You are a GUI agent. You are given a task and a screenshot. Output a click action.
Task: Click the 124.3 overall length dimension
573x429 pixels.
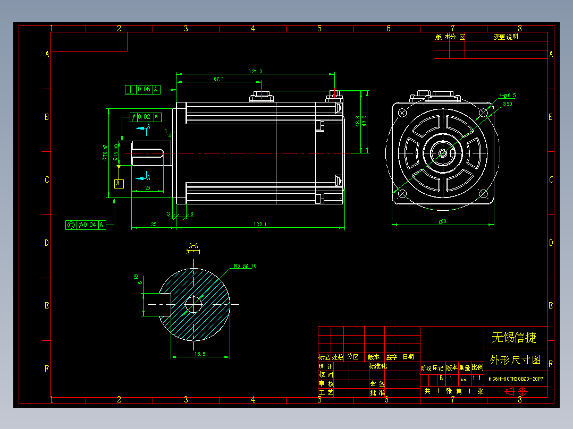(256, 71)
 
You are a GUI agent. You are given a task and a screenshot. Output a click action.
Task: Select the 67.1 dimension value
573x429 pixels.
(219, 79)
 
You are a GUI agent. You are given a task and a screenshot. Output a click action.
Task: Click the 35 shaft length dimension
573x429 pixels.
(153, 225)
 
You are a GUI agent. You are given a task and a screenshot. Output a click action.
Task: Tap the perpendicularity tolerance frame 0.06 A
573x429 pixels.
(142, 90)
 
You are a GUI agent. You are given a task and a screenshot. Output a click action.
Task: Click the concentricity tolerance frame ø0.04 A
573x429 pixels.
(86, 225)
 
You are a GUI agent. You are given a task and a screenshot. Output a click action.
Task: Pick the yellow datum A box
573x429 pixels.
(119, 184)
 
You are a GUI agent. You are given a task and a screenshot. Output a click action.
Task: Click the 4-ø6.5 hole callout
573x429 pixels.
(507, 96)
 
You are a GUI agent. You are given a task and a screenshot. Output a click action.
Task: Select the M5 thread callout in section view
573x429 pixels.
(245, 266)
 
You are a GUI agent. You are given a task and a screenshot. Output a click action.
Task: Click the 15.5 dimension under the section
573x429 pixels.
(200, 354)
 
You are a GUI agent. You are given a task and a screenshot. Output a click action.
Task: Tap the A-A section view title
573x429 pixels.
(193, 246)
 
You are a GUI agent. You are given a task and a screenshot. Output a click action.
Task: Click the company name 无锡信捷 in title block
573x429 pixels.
(514, 337)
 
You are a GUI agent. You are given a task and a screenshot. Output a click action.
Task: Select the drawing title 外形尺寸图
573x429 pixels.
(515, 361)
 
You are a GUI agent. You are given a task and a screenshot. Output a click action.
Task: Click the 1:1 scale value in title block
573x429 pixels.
(477, 379)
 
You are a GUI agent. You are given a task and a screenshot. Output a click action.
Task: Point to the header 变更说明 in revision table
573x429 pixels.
(505, 37)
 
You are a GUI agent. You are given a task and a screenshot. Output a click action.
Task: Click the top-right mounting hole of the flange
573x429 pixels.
(483, 113)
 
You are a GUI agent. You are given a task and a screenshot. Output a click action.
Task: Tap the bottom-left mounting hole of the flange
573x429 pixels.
(402, 193)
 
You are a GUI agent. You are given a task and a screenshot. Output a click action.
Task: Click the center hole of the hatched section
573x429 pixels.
(193, 304)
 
